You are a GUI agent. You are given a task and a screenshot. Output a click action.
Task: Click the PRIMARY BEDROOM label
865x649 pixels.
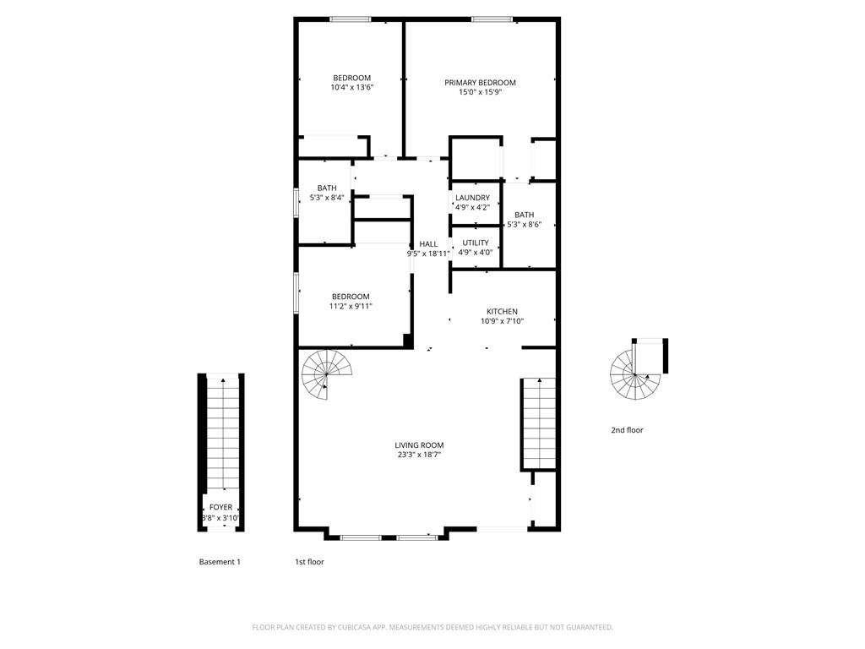coord(480,83)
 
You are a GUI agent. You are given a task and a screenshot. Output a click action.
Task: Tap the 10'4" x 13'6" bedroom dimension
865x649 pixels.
coord(351,87)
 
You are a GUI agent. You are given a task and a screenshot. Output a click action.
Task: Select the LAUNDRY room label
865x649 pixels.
coord(472,198)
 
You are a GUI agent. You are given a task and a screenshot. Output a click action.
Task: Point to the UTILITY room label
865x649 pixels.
coord(475,243)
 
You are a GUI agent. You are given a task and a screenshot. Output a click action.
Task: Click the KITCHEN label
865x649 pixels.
coord(502,312)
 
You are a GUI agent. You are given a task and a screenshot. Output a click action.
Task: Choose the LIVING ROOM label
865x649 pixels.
coord(419,445)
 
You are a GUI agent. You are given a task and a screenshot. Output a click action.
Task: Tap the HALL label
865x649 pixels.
coord(428,244)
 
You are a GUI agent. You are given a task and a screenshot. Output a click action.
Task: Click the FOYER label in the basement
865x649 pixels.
coord(220,508)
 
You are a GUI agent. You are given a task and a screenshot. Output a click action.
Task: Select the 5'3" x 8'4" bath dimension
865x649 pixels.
coord(327,198)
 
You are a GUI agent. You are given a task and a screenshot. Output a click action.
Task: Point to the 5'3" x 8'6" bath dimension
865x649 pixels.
coord(524,225)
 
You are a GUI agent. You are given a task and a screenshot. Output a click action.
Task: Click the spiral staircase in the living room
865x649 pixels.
coord(328,374)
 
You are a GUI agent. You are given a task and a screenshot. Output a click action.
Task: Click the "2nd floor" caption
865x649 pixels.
coord(627,430)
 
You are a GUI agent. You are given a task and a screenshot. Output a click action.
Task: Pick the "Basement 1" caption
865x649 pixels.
coord(220,562)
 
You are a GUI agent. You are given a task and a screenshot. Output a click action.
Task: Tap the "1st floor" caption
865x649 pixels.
coord(308,562)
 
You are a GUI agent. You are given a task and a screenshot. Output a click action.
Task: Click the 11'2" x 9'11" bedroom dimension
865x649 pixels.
coord(351,306)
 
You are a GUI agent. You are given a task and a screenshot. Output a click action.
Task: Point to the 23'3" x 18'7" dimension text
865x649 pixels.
coord(419,455)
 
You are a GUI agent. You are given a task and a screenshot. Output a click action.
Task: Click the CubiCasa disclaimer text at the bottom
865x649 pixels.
coord(432,627)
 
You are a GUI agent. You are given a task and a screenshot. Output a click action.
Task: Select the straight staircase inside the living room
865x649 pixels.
coord(538,423)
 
